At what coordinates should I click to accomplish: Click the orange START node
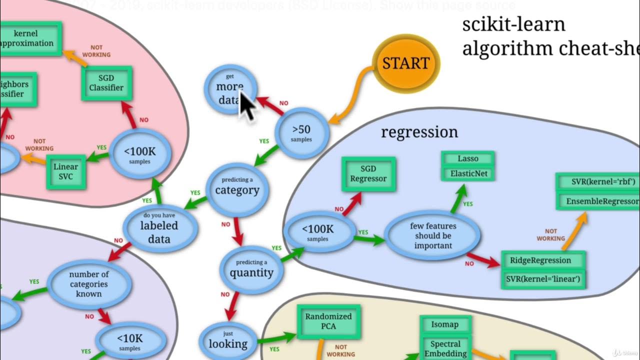[406, 63]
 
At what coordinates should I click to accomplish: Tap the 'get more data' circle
[230, 88]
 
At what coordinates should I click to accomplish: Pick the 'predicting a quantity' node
[251, 270]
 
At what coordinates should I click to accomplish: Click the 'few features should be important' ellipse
[433, 235]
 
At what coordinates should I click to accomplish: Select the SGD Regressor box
[368, 174]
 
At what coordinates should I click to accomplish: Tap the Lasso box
[468, 158]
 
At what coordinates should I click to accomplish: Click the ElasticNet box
[468, 174]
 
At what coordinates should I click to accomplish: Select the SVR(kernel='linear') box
[543, 278]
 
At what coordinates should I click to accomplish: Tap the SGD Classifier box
[106, 83]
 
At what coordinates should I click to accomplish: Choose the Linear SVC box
[66, 171]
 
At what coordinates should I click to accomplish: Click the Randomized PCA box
[328, 321]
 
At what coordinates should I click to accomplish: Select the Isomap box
[444, 324]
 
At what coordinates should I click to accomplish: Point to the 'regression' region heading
[419, 132]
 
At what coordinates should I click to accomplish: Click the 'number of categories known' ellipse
[89, 284]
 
